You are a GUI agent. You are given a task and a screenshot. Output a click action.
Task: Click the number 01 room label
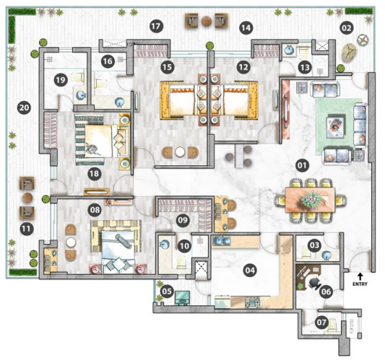(x=302, y=165)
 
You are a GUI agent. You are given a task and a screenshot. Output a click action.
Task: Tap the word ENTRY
(x=360, y=284)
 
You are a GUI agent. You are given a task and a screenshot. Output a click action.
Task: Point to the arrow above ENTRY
(x=360, y=276)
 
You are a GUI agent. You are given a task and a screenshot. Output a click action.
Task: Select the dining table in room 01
(x=310, y=200)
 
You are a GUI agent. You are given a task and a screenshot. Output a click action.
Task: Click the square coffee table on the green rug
(x=335, y=127)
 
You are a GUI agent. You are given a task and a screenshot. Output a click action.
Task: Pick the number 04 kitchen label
(x=250, y=271)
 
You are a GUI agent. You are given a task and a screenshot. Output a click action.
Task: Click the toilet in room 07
(x=333, y=324)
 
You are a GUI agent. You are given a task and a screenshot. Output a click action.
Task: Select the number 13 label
(x=305, y=67)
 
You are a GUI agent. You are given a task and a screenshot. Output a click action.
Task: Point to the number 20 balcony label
(x=24, y=107)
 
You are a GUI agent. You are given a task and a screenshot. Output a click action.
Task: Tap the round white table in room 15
(x=180, y=152)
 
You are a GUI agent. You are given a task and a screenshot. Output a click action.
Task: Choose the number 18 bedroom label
(x=95, y=174)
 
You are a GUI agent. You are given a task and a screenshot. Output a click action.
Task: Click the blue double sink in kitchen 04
(x=222, y=240)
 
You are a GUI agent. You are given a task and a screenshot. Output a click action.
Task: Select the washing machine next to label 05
(x=183, y=297)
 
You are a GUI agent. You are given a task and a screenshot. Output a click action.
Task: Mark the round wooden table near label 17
(x=207, y=22)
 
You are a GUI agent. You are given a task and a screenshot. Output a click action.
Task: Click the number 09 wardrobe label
(x=183, y=220)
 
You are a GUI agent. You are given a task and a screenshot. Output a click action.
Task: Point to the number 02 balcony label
(x=347, y=28)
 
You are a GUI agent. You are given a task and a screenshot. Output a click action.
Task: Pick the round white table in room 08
(x=71, y=242)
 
